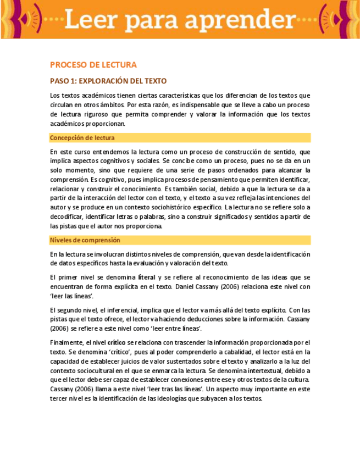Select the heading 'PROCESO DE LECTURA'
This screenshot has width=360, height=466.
pos(93,65)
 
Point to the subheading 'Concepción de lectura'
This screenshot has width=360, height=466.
pos(82,138)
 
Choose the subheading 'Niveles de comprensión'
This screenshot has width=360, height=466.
pos(85,240)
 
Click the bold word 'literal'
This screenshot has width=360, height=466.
pos(146,277)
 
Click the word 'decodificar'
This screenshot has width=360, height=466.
pos(68,217)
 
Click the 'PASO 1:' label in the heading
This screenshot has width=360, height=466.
pos(65,81)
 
